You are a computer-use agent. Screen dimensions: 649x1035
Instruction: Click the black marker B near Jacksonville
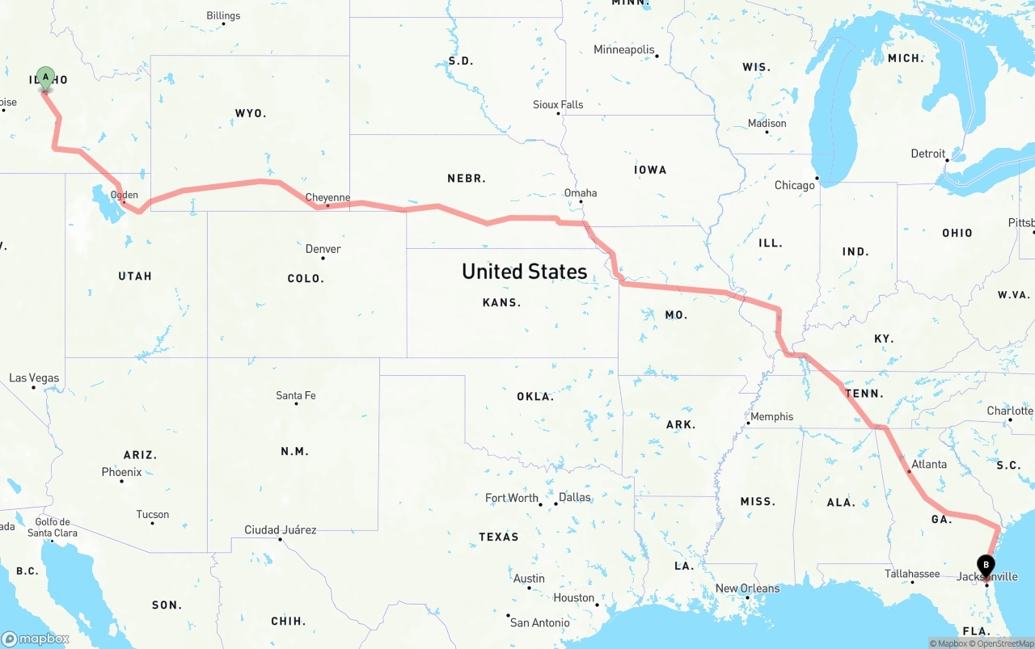point(986,565)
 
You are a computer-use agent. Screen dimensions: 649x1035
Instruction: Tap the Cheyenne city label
point(327,197)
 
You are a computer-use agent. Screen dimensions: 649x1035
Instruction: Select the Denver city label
point(323,249)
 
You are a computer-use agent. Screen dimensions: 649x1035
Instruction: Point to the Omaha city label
point(581,193)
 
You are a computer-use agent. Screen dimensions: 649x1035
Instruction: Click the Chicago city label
point(795,185)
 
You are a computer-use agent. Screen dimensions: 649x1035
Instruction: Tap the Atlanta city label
point(929,465)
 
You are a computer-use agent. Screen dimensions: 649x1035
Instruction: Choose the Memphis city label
point(771,417)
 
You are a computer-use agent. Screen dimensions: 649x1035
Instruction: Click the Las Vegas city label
point(34,378)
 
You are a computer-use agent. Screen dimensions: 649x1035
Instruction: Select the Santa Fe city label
point(296,395)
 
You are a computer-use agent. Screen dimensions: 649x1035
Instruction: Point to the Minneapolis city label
point(624,50)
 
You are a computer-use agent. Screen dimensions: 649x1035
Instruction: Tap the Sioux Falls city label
point(558,105)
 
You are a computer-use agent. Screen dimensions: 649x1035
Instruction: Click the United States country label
point(524,272)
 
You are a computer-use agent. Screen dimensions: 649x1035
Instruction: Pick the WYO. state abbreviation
point(251,113)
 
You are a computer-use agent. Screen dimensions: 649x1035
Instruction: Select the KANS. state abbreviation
point(501,302)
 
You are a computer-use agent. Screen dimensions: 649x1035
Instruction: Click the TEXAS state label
point(499,537)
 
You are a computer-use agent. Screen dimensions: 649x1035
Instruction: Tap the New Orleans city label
point(747,588)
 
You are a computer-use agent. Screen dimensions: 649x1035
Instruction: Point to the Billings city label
point(223,15)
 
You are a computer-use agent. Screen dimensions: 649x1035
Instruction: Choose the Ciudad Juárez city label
point(281,530)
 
